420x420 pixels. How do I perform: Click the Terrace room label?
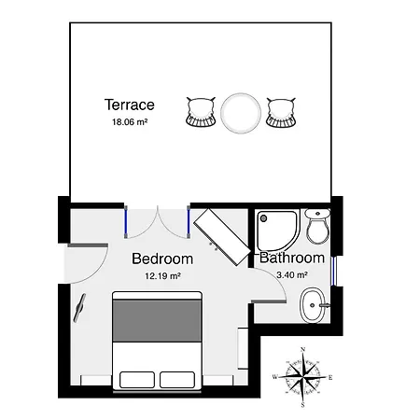coord(130,105)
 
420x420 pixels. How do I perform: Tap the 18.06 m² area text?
coord(130,122)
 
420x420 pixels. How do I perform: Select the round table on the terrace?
coord(241,113)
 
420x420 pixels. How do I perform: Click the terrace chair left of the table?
coord(201,112)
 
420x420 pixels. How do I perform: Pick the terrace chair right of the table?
coord(281,113)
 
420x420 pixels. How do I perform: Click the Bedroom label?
coord(162,259)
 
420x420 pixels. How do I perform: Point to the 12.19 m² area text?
coord(163,276)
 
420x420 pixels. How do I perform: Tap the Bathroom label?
coord(292,258)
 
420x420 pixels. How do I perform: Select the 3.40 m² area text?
coord(292,275)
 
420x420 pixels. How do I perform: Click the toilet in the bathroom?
coord(317,226)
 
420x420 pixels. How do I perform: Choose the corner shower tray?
coord(277,231)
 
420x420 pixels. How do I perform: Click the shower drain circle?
coord(264,218)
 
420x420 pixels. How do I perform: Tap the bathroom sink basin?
coord(312,305)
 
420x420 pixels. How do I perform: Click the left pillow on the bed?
coord(137,380)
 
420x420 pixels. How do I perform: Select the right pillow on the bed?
coord(177,380)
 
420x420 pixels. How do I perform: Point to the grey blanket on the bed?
coord(157,321)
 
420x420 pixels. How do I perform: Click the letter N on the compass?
coord(302,349)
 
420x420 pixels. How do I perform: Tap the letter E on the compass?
coord(330,378)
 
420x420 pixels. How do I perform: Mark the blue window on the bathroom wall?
coord(333,271)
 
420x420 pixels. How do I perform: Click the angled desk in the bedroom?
coord(222,237)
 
